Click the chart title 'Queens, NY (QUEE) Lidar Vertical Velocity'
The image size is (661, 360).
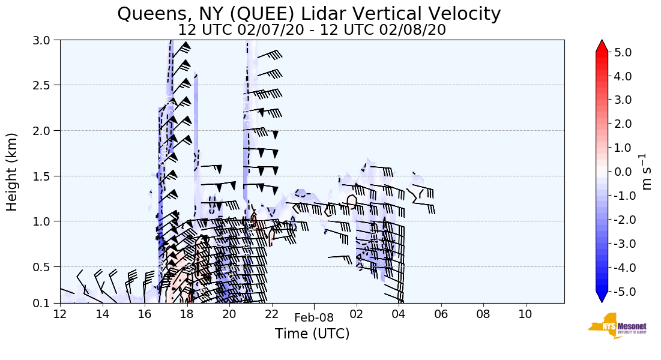pyautogui.click(x=309, y=13)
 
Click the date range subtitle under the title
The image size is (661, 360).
pyautogui.click(x=312, y=30)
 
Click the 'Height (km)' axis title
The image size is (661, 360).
pyautogui.click(x=13, y=172)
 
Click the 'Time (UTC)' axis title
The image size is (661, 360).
pyautogui.click(x=312, y=334)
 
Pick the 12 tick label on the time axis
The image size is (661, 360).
pyautogui.click(x=60, y=314)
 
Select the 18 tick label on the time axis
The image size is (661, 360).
pyautogui.click(x=187, y=314)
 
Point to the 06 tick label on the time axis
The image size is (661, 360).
pyautogui.click(x=441, y=314)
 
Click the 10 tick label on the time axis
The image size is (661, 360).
pyautogui.click(x=525, y=314)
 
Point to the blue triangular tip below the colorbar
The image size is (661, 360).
pyautogui.click(x=602, y=297)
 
